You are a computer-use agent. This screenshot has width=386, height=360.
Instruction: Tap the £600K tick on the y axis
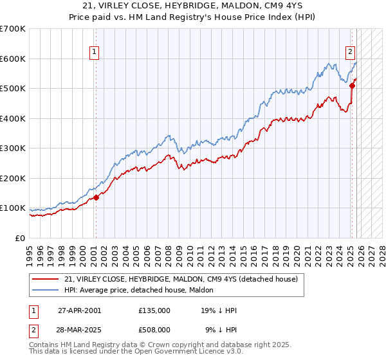pyautogui.click(x=12, y=59)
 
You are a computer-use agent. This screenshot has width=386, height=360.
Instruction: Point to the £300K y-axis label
pyautogui.click(x=12, y=148)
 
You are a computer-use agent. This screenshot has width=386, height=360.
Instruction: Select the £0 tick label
pyautogui.click(x=19, y=239)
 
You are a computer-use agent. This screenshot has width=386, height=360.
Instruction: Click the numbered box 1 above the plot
pyautogui.click(x=94, y=52)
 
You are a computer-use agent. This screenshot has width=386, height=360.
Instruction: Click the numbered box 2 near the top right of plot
pyautogui.click(x=351, y=52)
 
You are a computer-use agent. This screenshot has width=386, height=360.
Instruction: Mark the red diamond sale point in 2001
pyautogui.click(x=96, y=197)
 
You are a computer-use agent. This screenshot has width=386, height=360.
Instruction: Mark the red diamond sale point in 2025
pyautogui.click(x=352, y=85)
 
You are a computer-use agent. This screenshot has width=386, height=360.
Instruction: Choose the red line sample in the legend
pyautogui.click(x=46, y=280)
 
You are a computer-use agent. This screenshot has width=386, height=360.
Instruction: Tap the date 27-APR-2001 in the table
pyautogui.click(x=78, y=310)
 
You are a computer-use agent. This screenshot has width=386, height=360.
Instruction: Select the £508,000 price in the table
pyautogui.click(x=154, y=330)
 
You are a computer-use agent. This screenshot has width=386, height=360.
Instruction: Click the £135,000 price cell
pyautogui.click(x=154, y=310)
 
